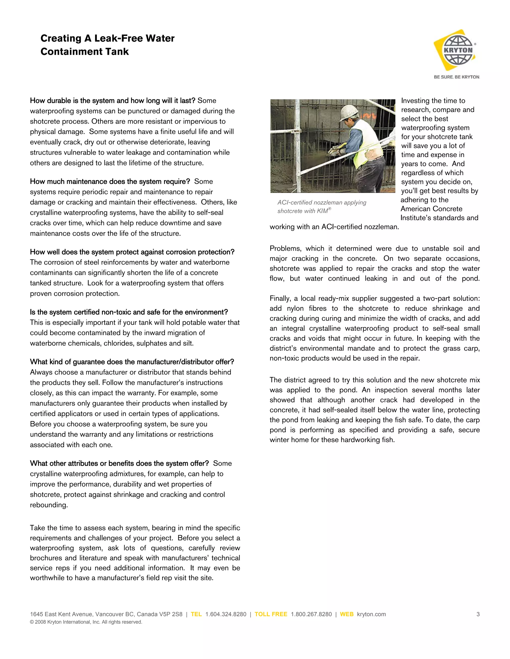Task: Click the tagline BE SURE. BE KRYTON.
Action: [456, 77]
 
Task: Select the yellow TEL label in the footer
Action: [196, 614]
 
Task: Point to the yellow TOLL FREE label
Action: [271, 614]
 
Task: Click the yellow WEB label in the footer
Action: [347, 614]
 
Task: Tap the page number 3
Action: [478, 614]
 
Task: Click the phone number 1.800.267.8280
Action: [311, 614]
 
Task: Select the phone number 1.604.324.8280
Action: [226, 614]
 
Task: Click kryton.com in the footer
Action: [371, 614]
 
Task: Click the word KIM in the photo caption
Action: [322, 211]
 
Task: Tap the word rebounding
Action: [48, 505]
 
